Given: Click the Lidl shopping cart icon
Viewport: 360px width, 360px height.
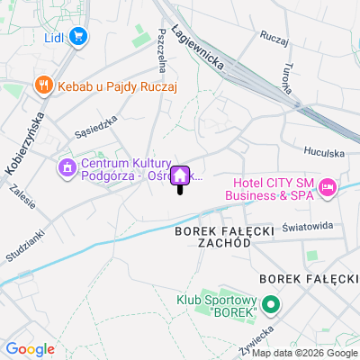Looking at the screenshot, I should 78,37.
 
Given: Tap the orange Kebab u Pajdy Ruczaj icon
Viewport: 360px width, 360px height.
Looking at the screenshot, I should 41,86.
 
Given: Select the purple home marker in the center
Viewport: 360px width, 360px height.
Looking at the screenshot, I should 179,175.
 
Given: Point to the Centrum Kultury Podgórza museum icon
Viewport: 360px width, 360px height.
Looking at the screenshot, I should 67,167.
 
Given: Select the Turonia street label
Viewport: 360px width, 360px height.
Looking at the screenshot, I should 286,76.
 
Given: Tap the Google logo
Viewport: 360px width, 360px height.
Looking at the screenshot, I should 30,349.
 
